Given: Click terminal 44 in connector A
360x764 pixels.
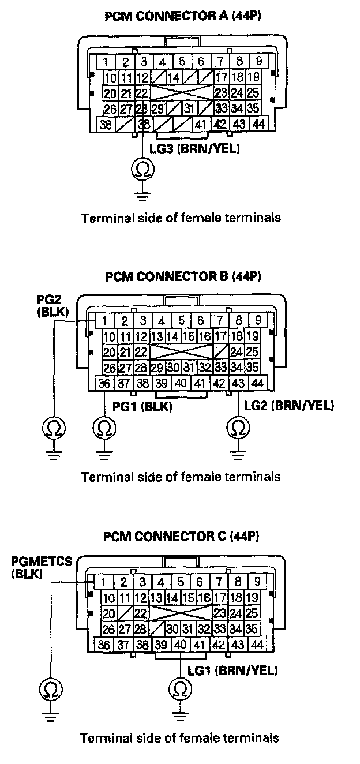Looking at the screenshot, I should click(258, 123).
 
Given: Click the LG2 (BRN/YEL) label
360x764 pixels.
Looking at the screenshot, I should click(289, 407).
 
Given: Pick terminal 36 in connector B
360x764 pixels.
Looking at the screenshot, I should click(105, 383).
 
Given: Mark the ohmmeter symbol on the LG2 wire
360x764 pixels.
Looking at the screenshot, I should click(238, 428).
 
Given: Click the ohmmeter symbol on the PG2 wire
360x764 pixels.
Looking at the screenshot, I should click(54, 428).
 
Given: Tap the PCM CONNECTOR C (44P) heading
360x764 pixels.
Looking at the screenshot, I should click(182, 536).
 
